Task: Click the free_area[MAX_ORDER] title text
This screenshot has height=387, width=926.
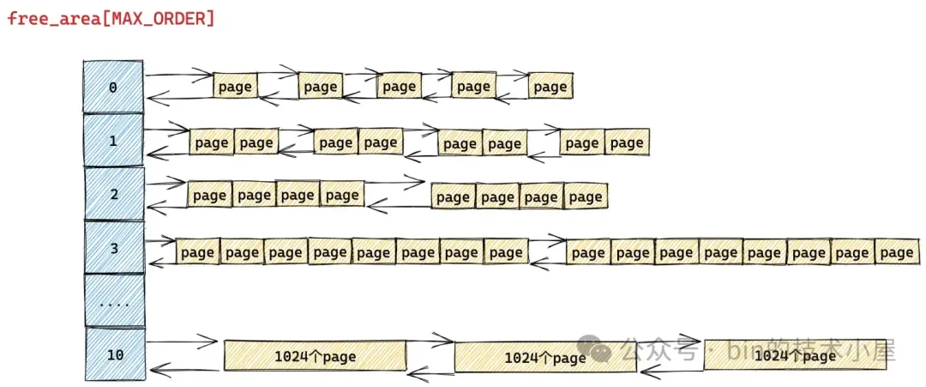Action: (111, 18)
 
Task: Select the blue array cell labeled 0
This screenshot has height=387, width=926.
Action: (113, 87)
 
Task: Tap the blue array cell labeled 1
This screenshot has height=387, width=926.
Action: (113, 141)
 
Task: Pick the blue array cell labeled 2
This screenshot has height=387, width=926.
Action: (114, 194)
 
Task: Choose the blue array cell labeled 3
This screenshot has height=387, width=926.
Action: (114, 248)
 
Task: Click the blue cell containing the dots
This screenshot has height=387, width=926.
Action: (114, 301)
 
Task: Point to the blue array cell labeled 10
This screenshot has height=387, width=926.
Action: (114, 354)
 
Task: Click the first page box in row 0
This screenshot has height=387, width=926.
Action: (235, 87)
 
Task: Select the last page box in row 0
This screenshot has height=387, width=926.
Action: (550, 87)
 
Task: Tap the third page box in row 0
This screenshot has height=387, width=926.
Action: (399, 87)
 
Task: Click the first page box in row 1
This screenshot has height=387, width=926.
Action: (212, 143)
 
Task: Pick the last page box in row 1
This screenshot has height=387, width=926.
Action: (627, 142)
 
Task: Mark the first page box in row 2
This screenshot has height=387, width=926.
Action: (210, 196)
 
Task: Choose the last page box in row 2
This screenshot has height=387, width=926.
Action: (586, 197)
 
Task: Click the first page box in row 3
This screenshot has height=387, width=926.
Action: (198, 252)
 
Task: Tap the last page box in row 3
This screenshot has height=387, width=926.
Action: (897, 252)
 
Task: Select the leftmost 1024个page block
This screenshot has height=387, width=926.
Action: (315, 355)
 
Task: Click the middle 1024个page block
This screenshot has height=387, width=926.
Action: (544, 358)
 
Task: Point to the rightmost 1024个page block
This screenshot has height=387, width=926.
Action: (795, 355)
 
